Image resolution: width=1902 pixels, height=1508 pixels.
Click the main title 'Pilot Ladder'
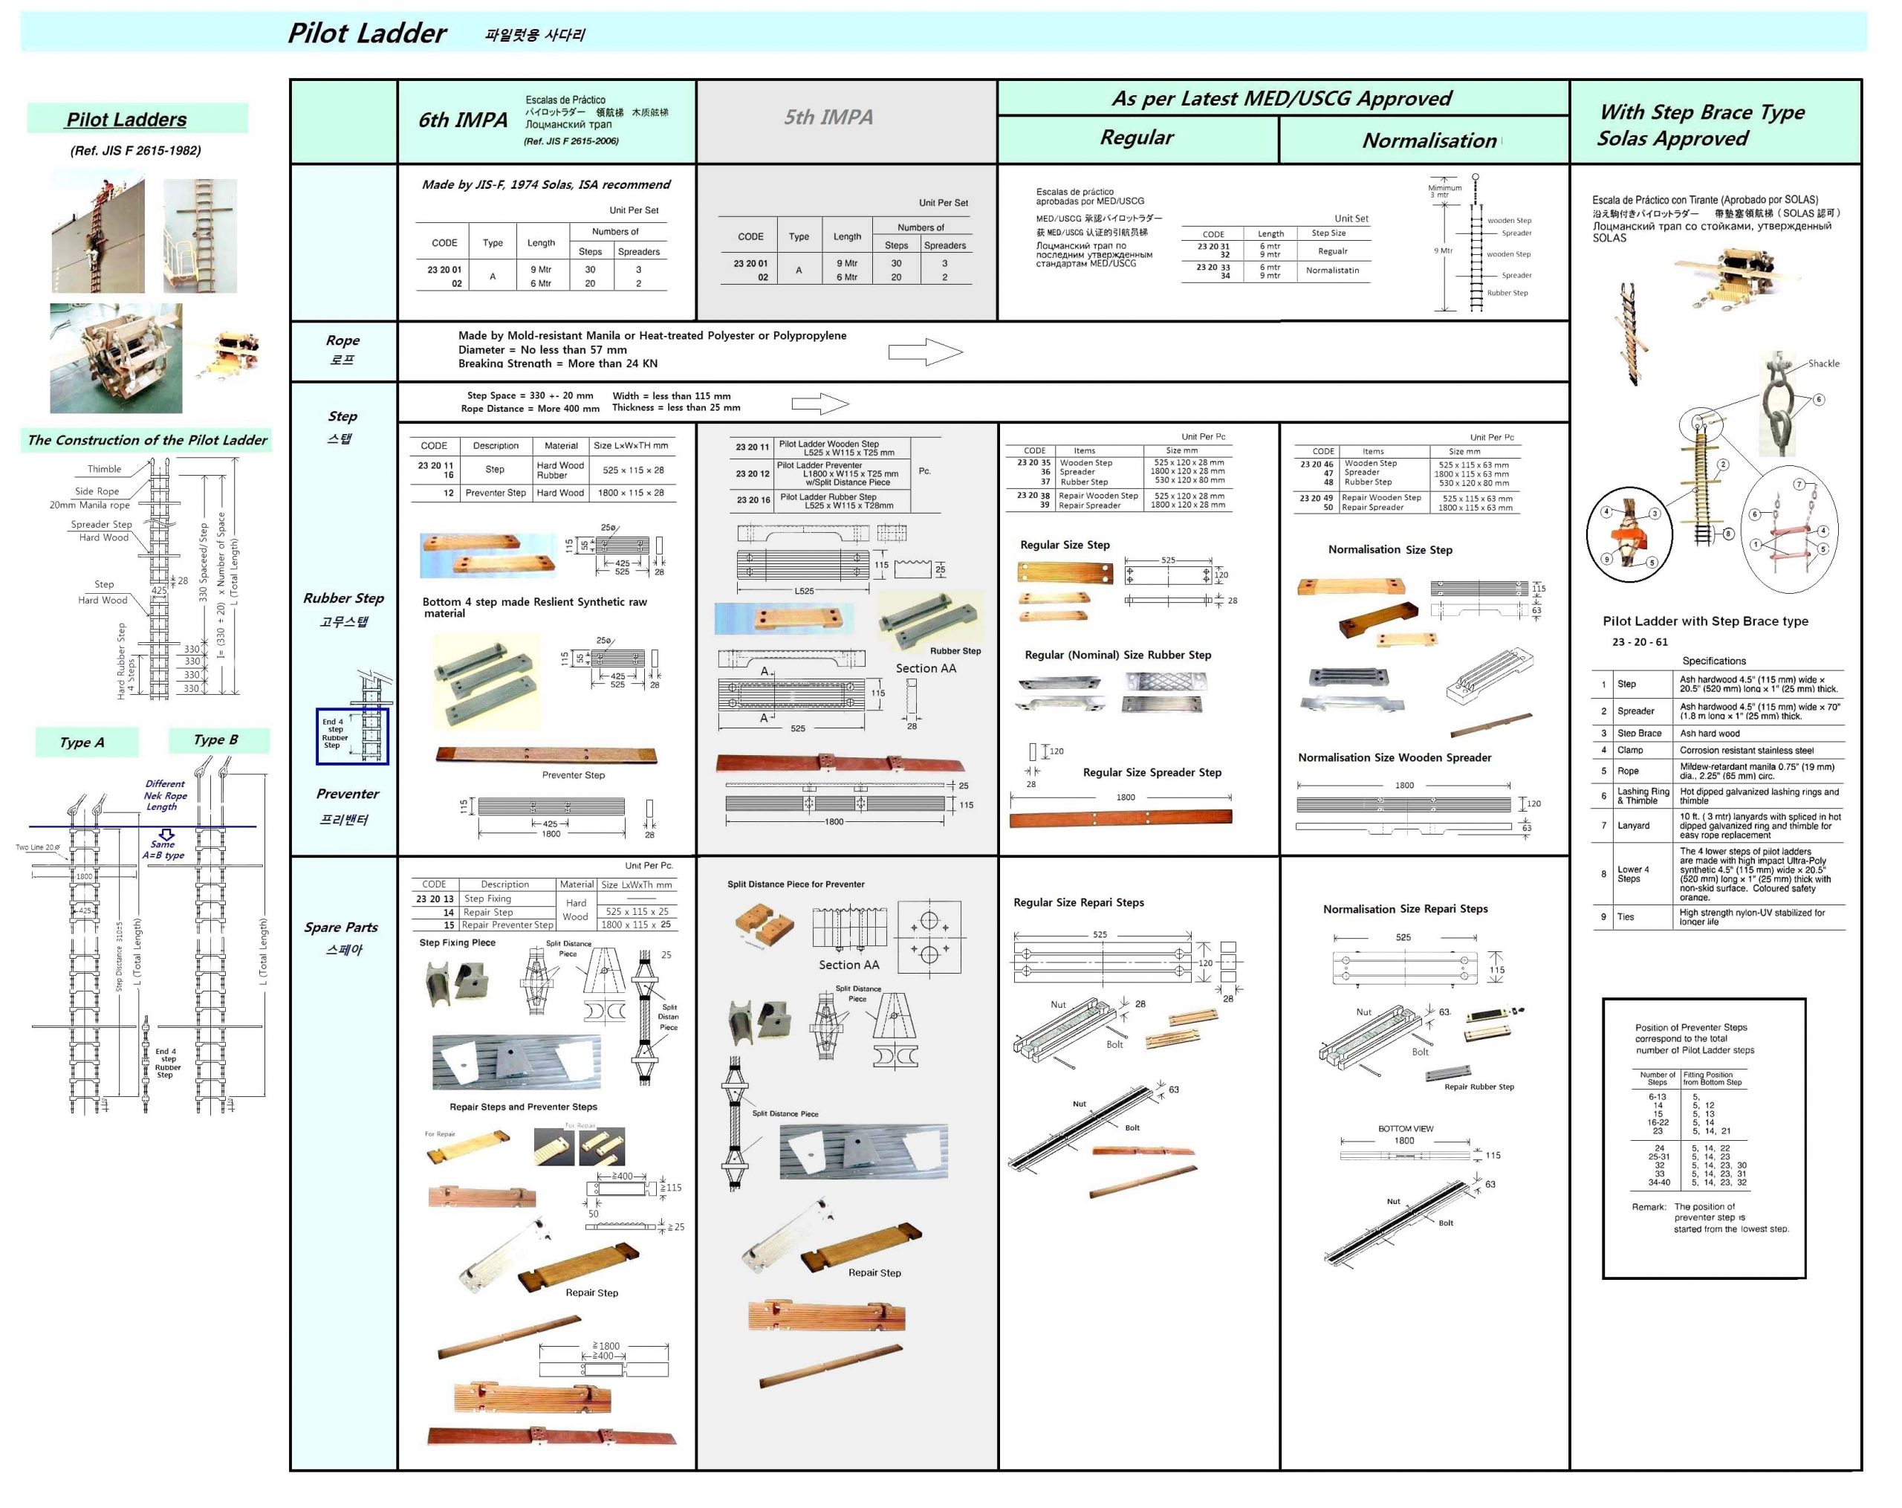(x=367, y=33)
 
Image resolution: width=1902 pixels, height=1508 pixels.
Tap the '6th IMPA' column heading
(x=462, y=120)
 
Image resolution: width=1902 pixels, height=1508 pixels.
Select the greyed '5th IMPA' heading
(x=828, y=117)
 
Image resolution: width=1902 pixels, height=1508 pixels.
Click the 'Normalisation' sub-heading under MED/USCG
(x=1429, y=140)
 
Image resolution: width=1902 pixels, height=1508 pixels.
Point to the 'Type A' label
(x=82, y=742)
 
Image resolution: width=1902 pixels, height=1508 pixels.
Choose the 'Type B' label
(x=216, y=740)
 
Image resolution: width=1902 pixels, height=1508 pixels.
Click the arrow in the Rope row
(x=924, y=352)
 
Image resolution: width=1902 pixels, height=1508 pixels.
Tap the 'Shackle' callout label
(x=1823, y=363)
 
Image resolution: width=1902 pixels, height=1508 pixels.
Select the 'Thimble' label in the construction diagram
(x=104, y=468)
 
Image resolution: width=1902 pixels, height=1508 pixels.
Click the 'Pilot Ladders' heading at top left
(x=127, y=120)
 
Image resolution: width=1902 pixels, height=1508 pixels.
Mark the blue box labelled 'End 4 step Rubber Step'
(x=351, y=735)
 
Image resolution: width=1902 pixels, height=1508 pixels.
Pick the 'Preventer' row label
(x=348, y=793)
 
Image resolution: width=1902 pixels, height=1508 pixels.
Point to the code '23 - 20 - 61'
(x=1639, y=641)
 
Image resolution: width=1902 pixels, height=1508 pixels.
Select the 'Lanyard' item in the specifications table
(x=1633, y=825)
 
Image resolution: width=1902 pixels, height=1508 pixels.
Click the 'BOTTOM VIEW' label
(x=1406, y=1128)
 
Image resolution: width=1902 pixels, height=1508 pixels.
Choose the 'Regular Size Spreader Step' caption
(x=1152, y=772)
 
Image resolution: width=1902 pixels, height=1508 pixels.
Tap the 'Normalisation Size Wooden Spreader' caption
(x=1394, y=757)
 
